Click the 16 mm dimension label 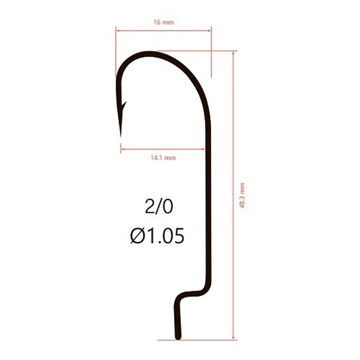coord(164,23)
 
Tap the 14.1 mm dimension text coord(163,158)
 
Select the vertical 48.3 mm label coord(242,195)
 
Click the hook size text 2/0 coord(158,207)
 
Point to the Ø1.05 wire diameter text coord(157,236)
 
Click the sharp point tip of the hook coord(121,137)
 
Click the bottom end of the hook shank coord(178,338)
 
